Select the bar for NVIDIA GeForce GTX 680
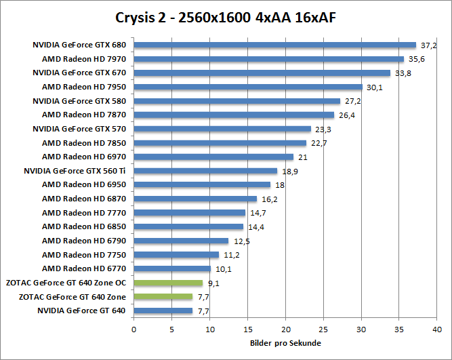pyautogui.click(x=274, y=45)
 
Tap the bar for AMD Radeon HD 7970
pyautogui.click(x=268, y=59)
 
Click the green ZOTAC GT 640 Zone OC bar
pyautogui.click(x=168, y=283)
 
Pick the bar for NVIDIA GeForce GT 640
pyautogui.click(x=163, y=311)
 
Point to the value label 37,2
pyautogui.click(x=428, y=45)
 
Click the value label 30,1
pyautogui.click(x=375, y=87)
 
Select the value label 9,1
pyautogui.click(x=214, y=283)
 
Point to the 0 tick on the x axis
pyautogui.click(x=134, y=329)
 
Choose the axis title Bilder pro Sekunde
pyautogui.click(x=285, y=343)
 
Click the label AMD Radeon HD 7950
pyautogui.click(x=84, y=87)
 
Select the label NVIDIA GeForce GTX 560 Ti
pyautogui.click(x=75, y=171)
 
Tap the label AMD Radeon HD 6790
pyautogui.click(x=84, y=241)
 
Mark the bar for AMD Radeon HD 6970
pyautogui.click(x=213, y=157)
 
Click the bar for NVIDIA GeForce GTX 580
pyautogui.click(x=237, y=101)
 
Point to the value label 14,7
pyautogui.click(x=258, y=213)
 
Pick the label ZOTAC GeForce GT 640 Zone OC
pyautogui.click(x=66, y=283)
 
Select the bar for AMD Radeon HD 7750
pyautogui.click(x=176, y=255)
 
